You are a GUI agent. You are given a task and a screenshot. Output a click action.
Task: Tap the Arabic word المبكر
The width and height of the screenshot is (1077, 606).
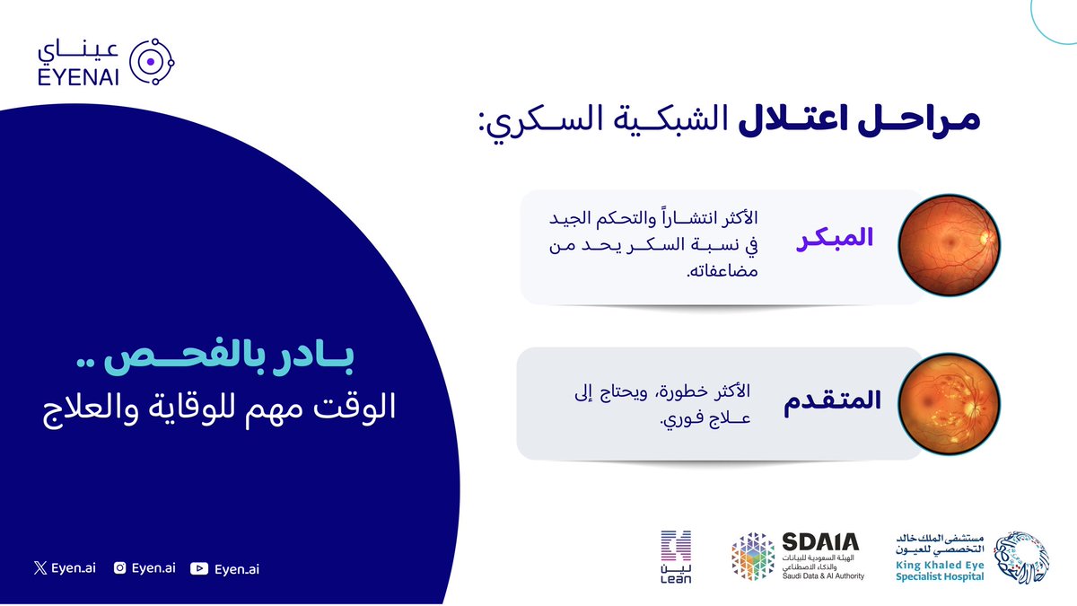(x=836, y=241)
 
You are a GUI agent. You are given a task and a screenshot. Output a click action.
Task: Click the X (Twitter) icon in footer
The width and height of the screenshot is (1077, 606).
(x=38, y=567)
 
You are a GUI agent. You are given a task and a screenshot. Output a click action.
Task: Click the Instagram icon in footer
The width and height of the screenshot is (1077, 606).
(x=119, y=567)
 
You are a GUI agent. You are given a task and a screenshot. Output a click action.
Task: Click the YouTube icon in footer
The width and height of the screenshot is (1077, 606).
(x=199, y=567)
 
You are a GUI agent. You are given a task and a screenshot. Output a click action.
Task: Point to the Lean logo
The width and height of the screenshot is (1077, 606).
(x=676, y=558)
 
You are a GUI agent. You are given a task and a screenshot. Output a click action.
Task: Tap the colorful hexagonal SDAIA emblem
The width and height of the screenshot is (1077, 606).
(x=752, y=558)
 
